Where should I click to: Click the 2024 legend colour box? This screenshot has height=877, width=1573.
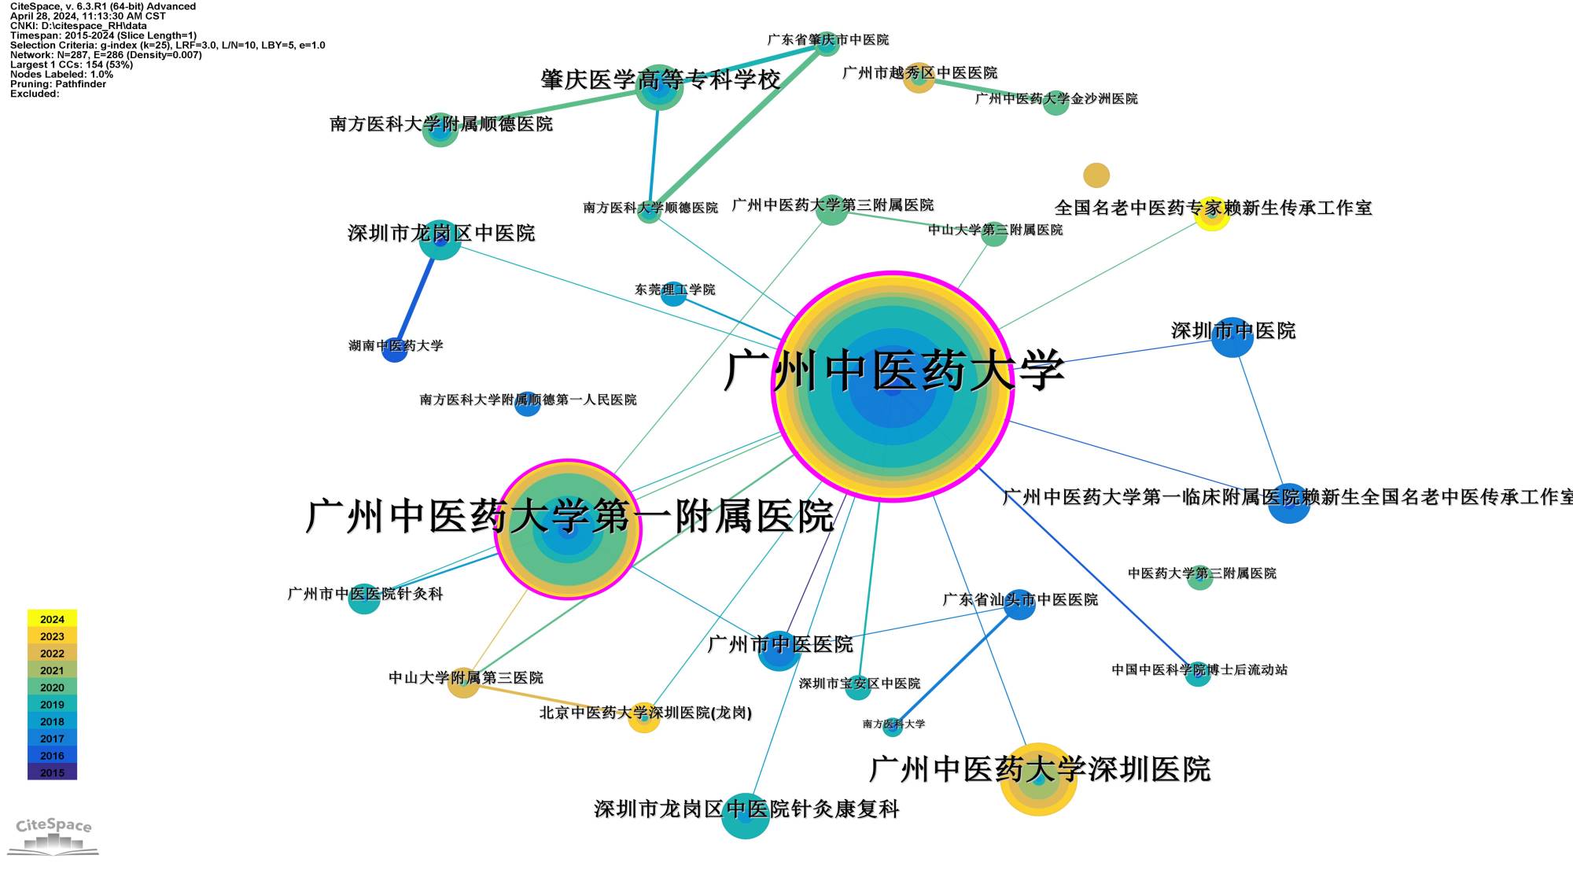[52, 619]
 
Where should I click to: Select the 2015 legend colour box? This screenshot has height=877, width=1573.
[52, 772]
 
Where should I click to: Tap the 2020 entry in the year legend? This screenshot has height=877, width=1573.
[52, 687]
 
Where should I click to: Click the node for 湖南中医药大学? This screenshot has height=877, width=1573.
[394, 349]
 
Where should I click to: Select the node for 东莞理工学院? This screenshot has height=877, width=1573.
[673, 294]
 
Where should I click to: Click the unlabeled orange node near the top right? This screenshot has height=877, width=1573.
[1096, 175]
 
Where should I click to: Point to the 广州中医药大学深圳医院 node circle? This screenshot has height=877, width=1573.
[1038, 779]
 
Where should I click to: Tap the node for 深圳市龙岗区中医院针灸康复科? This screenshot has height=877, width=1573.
[745, 816]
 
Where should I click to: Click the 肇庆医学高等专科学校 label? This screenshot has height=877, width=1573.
[660, 79]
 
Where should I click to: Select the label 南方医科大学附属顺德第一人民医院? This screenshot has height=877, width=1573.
[528, 400]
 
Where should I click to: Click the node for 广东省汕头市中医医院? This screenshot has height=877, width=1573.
[1019, 604]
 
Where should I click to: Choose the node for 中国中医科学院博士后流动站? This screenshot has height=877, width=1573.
[1197, 674]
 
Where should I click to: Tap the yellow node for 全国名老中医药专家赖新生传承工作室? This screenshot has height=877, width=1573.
[1212, 214]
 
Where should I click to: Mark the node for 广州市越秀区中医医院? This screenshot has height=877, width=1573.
[919, 78]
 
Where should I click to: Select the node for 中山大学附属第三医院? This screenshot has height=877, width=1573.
[463, 682]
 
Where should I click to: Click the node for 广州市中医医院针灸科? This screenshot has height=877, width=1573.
[364, 599]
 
